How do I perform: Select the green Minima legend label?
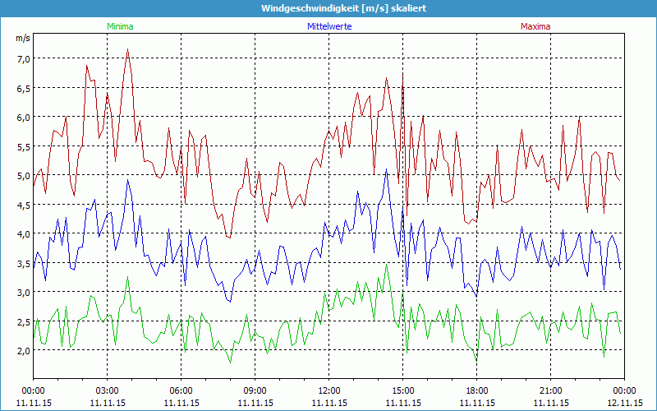tap(119, 26)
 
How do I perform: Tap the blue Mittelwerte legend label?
tap(329, 26)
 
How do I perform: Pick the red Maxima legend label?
tap(535, 26)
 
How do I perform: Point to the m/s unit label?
tap(22, 39)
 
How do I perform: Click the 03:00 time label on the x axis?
tap(108, 390)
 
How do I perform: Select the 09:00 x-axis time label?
tap(255, 390)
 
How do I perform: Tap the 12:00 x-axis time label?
tap(329, 390)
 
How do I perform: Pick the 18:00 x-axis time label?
tap(477, 390)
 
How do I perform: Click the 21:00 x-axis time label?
tap(551, 390)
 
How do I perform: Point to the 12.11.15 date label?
tap(625, 404)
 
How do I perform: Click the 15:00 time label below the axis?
tap(403, 390)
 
